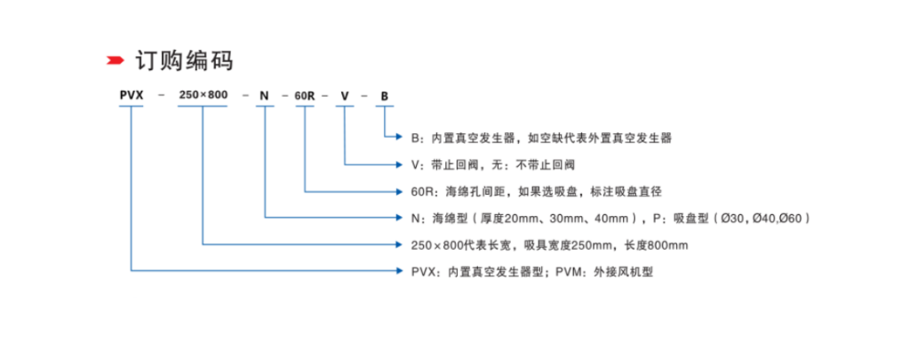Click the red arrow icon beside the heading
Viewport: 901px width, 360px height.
(x=114, y=60)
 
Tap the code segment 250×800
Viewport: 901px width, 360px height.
(x=203, y=95)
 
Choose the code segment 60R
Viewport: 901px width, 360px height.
(x=305, y=95)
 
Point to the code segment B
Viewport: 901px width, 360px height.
(x=384, y=95)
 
